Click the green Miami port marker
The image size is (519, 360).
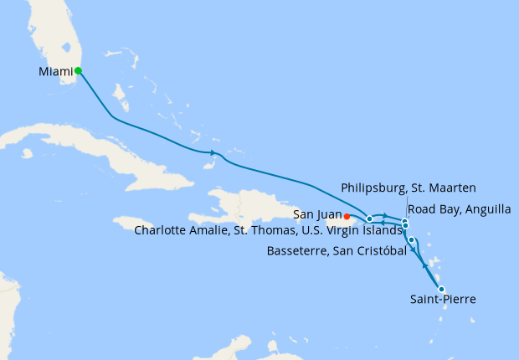(78, 71)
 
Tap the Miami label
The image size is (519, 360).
(55, 72)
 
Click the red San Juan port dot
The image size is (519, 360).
(347, 216)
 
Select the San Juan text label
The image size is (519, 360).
(316, 215)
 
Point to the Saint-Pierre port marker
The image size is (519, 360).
(441, 290)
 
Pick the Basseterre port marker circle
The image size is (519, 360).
(411, 240)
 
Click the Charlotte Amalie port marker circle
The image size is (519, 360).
(369, 219)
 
